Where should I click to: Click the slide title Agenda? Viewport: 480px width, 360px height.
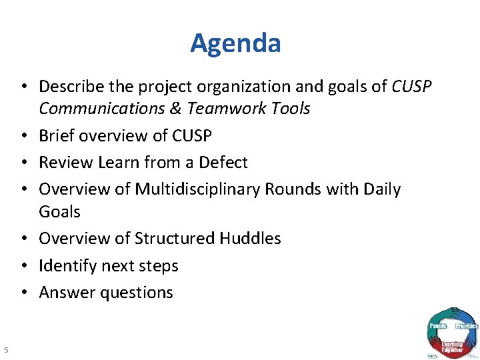(235, 43)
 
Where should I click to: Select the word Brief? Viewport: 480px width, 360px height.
(56, 136)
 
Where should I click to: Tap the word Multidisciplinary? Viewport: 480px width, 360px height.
(197, 189)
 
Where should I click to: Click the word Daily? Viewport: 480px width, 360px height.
(381, 189)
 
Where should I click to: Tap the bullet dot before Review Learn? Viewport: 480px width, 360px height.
(24, 163)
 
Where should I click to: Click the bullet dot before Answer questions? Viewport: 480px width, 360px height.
(24, 293)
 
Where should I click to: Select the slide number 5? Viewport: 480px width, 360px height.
(5, 349)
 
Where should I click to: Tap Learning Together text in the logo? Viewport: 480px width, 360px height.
(452, 346)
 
